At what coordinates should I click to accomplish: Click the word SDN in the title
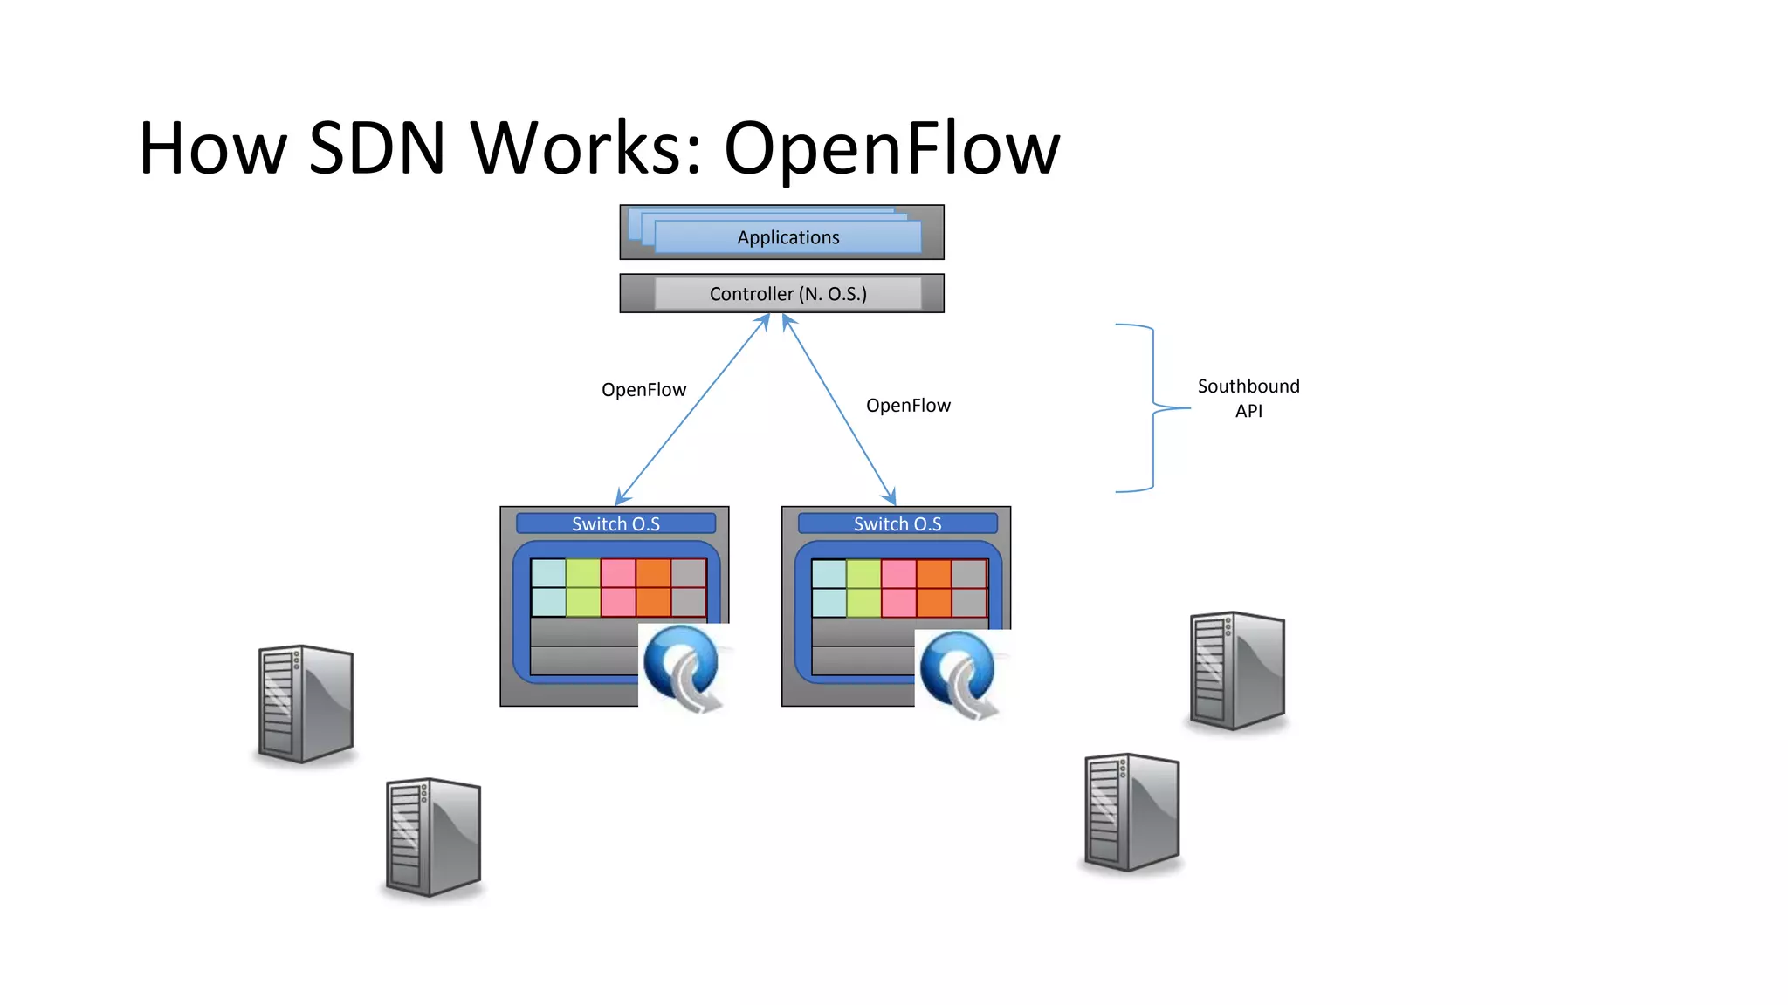click(377, 148)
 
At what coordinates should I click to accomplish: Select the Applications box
click(787, 237)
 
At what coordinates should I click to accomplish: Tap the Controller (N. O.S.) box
click(787, 294)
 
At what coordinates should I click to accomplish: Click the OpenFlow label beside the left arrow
click(643, 390)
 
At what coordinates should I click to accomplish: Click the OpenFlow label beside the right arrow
click(908, 406)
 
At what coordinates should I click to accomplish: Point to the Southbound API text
click(1248, 398)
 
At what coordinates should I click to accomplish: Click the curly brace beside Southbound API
click(1152, 407)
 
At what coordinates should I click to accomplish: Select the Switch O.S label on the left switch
click(615, 523)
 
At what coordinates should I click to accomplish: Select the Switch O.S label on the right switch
click(897, 523)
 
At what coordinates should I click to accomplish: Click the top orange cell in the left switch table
click(653, 573)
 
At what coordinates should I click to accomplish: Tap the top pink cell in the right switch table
click(898, 574)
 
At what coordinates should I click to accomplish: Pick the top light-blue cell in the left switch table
click(548, 573)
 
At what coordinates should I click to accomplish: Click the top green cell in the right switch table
click(863, 574)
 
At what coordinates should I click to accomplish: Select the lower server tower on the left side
click(434, 837)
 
